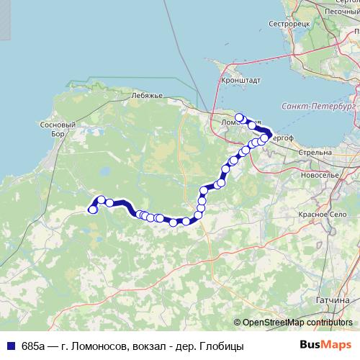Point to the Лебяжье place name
tap(148, 96)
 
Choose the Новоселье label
tap(320, 175)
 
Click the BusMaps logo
tap(325, 346)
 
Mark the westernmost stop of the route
tap(92, 210)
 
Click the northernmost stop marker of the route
tap(239, 117)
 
